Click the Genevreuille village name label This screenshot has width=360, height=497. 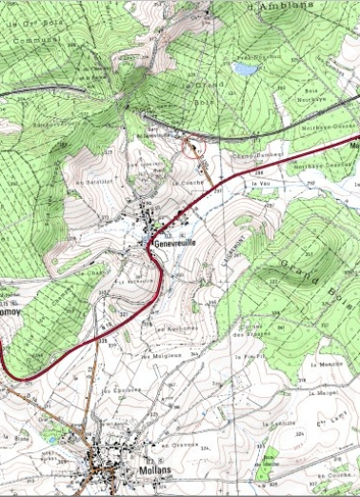point(172,244)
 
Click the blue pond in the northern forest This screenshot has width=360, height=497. point(246,70)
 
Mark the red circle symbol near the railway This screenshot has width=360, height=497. point(191,147)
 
